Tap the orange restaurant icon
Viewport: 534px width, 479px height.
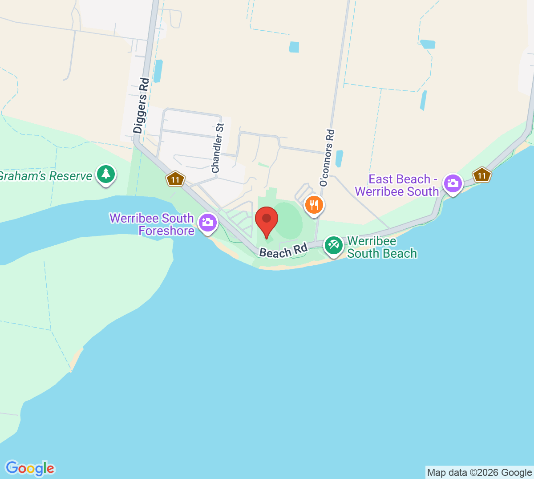pos(314,205)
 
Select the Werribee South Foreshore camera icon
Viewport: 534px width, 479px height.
pos(207,222)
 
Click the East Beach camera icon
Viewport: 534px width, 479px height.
pos(453,183)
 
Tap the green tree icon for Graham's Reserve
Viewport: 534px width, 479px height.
pos(105,174)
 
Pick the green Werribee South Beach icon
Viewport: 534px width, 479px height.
pos(333,244)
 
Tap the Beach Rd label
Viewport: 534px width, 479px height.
pos(283,251)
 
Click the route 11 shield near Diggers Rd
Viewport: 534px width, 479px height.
pos(175,179)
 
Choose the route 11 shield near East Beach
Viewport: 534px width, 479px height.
pos(482,175)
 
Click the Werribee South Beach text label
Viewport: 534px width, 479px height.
pos(381,247)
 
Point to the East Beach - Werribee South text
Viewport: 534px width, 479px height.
pos(397,185)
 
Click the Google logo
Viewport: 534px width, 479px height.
pos(30,468)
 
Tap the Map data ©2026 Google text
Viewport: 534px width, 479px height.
pos(479,472)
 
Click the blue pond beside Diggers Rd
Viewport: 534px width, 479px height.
pos(158,71)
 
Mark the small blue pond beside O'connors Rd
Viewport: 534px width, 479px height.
pos(340,158)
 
